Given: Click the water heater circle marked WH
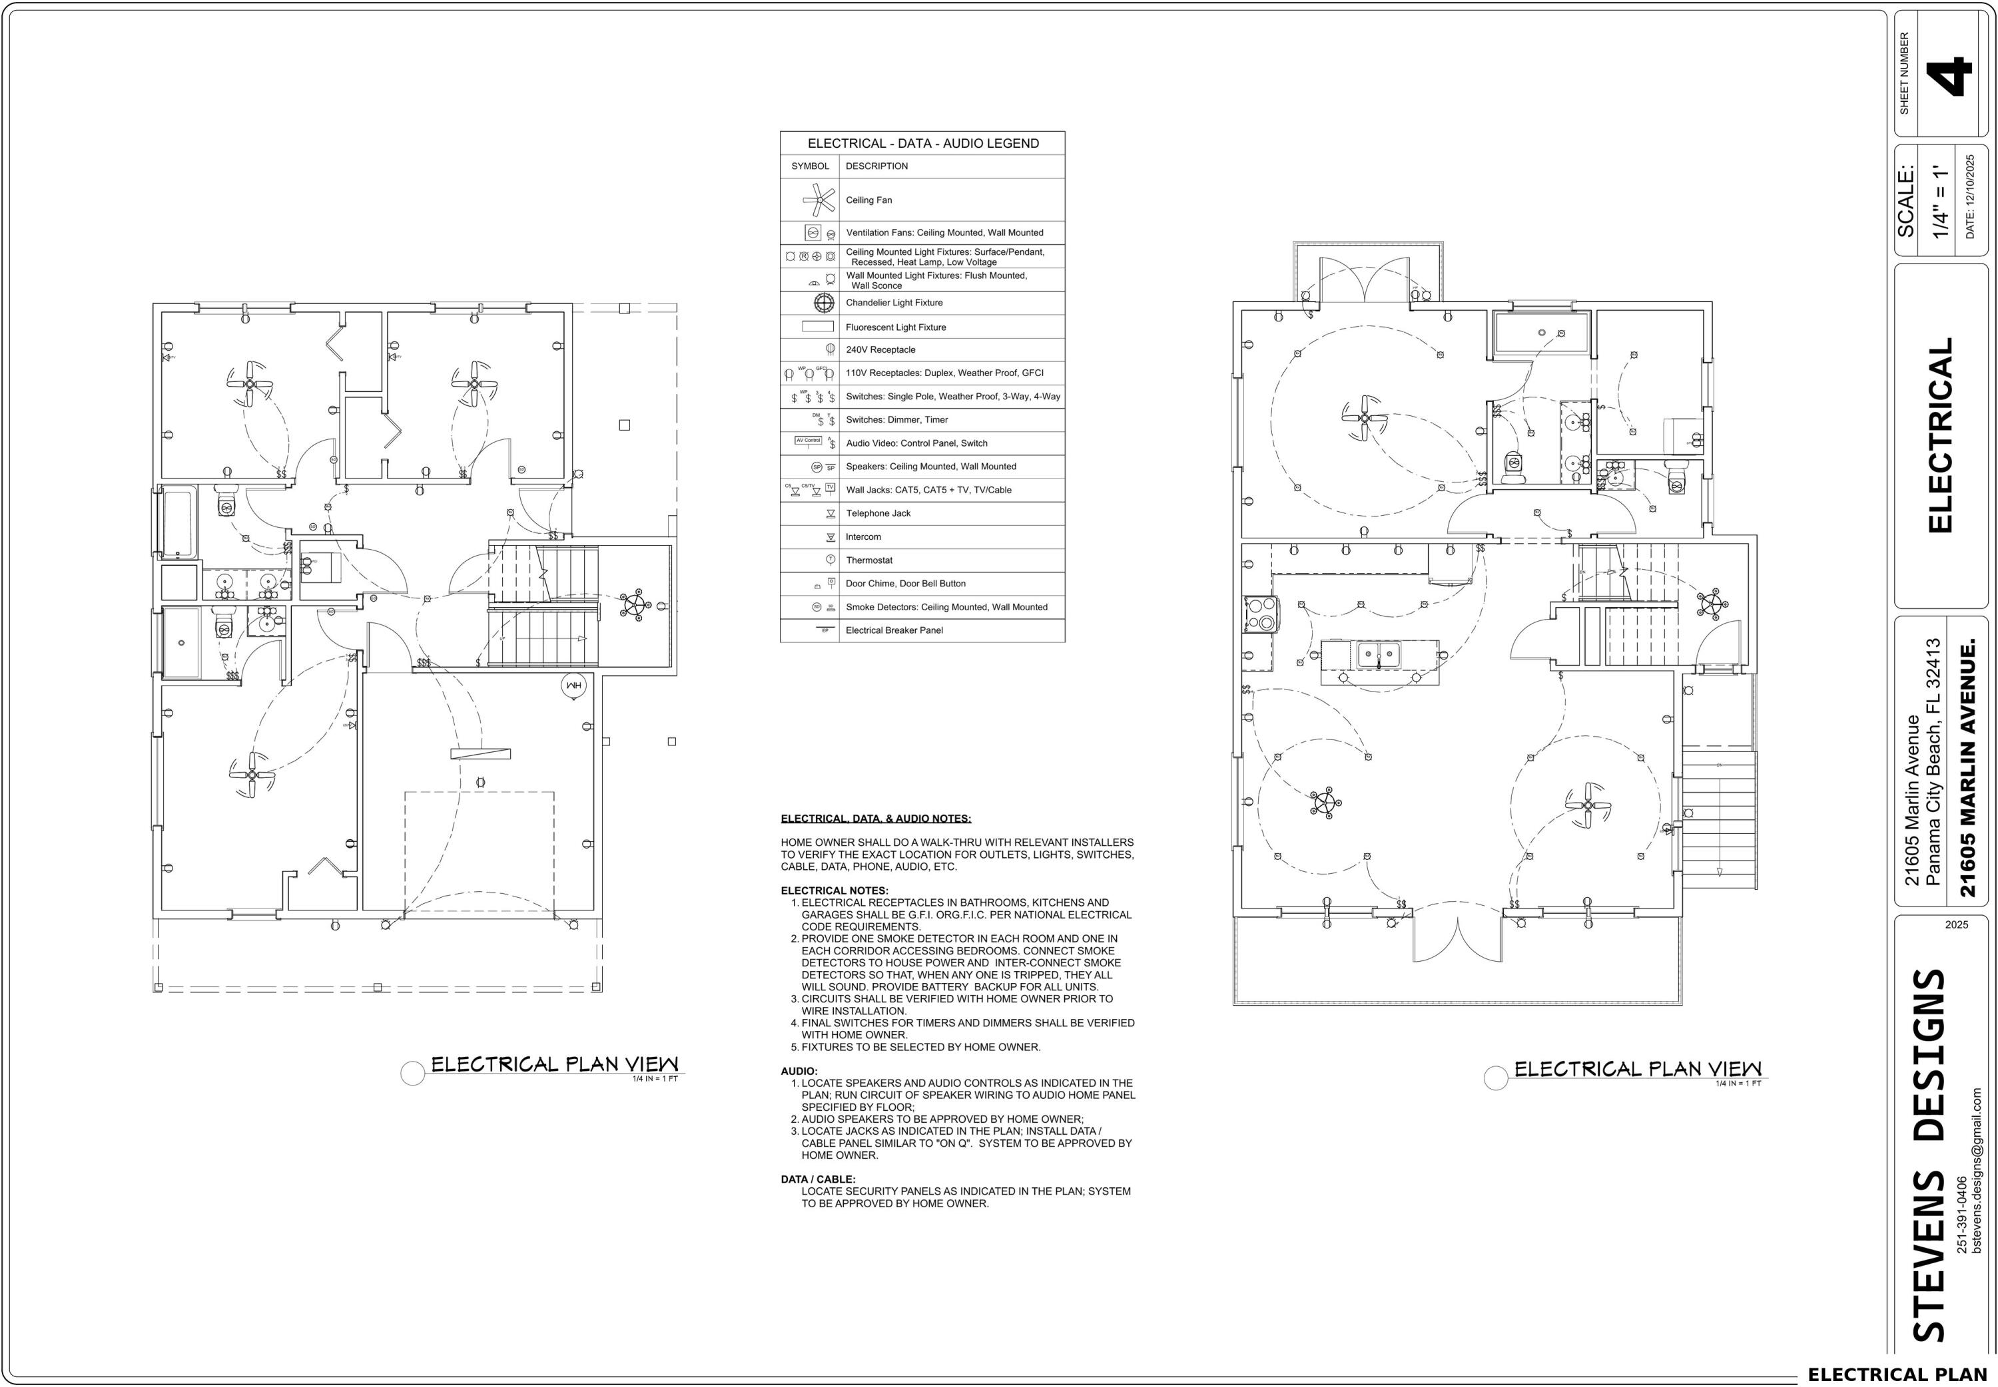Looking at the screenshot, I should coord(574,686).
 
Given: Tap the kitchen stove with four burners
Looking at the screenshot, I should coord(1260,613).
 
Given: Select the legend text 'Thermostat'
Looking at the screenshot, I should coord(868,560).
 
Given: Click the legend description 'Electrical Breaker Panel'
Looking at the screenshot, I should coord(894,630).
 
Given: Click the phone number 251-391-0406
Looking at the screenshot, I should coord(1961,1215).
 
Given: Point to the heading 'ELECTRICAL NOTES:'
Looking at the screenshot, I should coord(834,891).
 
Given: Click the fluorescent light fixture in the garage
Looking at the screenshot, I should coord(480,753).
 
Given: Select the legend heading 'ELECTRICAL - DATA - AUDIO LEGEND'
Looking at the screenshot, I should coord(922,143).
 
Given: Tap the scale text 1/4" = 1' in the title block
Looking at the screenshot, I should coord(1941,202).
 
